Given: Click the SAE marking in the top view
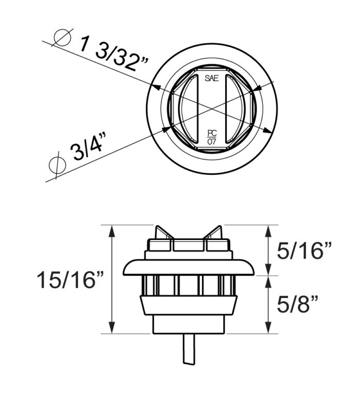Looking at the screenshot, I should (211, 79).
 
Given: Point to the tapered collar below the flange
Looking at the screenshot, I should (189, 305).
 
